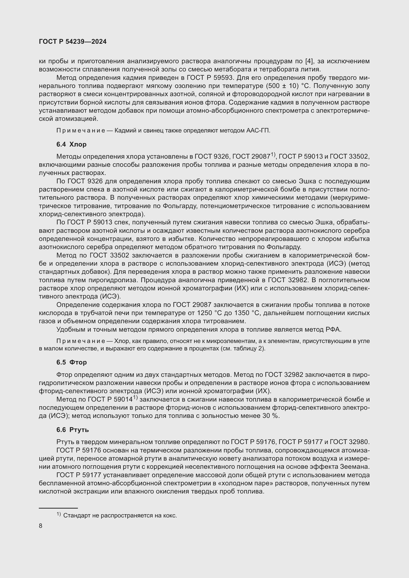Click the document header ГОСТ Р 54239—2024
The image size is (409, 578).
pyautogui.click(x=73, y=42)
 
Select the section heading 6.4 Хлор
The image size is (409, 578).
pyautogui.click(x=71, y=144)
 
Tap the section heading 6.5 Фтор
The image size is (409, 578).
pyautogui.click(x=71, y=362)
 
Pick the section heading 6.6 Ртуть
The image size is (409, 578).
pyautogui.click(x=72, y=430)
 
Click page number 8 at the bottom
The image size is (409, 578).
pyautogui.click(x=41, y=526)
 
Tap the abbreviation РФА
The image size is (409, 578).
pyautogui.click(x=333, y=330)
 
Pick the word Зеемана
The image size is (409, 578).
pyautogui.click(x=355, y=467)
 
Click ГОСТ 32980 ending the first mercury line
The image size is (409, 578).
pyautogui.click(x=349, y=442)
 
